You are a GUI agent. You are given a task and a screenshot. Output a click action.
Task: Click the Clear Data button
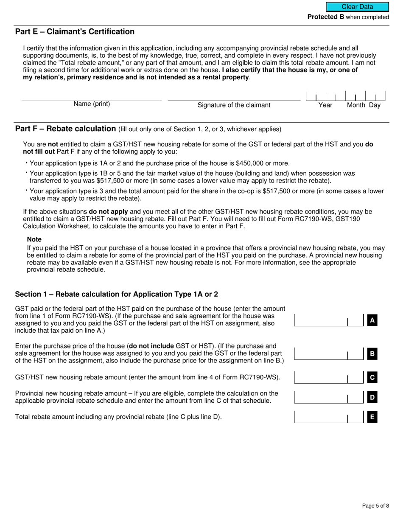(x=357, y=7)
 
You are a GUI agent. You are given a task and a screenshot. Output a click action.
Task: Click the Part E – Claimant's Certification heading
(x=75, y=32)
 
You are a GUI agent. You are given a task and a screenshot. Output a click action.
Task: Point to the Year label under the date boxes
(x=325, y=105)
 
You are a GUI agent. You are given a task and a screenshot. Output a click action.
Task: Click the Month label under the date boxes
(x=356, y=105)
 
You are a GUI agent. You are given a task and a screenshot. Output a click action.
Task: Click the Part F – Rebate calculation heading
(x=65, y=129)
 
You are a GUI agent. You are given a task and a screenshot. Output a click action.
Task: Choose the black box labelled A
(x=372, y=320)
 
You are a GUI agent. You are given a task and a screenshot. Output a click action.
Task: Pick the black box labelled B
(x=372, y=354)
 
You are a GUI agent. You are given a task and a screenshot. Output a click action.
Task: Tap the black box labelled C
(x=372, y=377)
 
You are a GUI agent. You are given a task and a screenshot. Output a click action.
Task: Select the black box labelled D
(x=372, y=398)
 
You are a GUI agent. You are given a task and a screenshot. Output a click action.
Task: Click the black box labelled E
(x=372, y=417)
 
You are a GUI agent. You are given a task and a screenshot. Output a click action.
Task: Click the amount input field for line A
(x=321, y=320)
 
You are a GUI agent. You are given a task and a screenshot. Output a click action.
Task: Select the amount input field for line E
(x=321, y=417)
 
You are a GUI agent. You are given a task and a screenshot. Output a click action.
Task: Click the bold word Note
(x=34, y=239)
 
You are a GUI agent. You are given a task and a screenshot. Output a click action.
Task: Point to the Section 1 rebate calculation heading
(x=116, y=295)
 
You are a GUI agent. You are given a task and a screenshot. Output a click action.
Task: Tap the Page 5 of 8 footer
(x=375, y=505)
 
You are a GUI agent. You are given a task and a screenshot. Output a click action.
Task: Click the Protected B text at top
(x=325, y=17)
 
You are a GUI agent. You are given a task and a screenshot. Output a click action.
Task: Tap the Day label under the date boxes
(x=375, y=105)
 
